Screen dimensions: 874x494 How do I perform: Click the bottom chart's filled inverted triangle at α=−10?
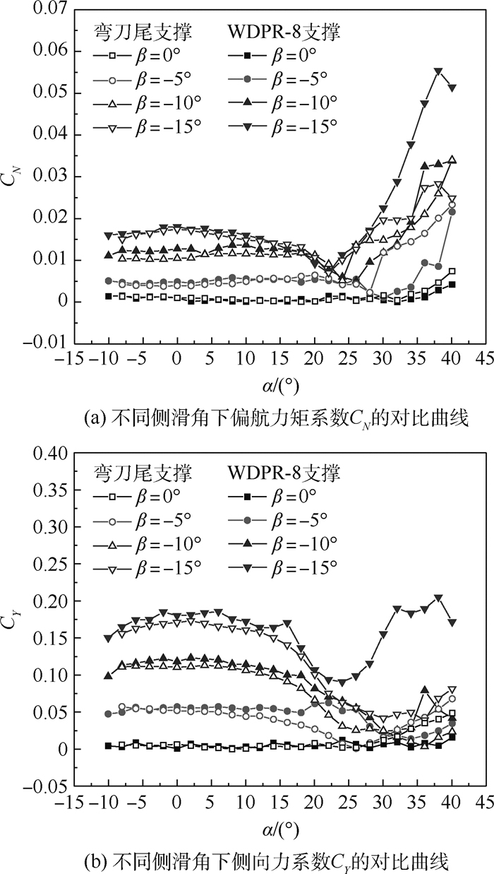tap(108, 638)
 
